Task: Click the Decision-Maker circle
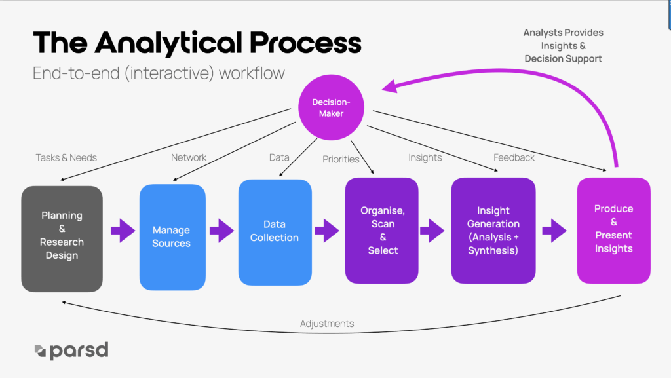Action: click(x=331, y=107)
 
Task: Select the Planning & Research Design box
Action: click(x=62, y=239)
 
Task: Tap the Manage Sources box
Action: click(x=172, y=237)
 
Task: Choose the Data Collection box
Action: click(x=275, y=232)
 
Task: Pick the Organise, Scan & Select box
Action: click(x=382, y=231)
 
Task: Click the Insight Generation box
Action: click(x=493, y=231)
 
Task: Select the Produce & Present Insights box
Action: click(x=613, y=231)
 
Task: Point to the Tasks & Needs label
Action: click(x=66, y=157)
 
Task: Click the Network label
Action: click(x=189, y=157)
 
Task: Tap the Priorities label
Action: click(x=341, y=159)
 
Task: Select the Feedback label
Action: click(x=514, y=157)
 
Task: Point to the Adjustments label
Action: click(x=327, y=323)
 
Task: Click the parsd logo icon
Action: click(x=40, y=350)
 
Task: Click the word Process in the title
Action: click(x=305, y=43)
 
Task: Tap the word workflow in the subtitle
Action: click(x=252, y=73)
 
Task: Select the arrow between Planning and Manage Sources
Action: click(x=123, y=231)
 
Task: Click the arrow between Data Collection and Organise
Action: click(x=327, y=231)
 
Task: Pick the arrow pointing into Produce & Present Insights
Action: click(x=554, y=231)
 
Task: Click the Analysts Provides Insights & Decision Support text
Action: click(x=563, y=46)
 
